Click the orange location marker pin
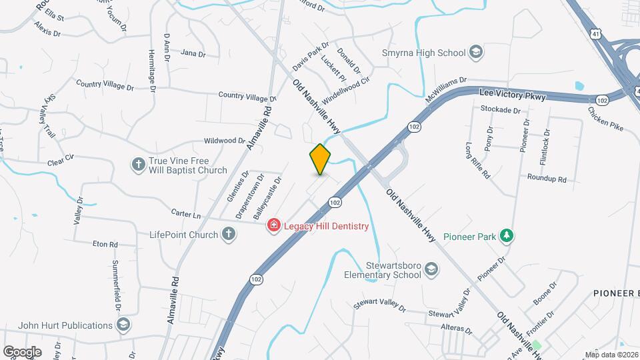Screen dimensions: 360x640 [x=320, y=159]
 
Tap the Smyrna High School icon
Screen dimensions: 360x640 [x=476, y=52]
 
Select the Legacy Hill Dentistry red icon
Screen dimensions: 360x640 [x=273, y=226]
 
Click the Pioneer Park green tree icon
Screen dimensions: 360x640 [x=507, y=235]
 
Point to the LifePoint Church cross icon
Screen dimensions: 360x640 [x=228, y=234]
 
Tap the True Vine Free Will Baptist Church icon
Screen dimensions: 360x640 [x=139, y=165]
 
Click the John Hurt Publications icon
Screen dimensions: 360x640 [x=123, y=325]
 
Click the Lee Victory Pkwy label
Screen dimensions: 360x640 [x=513, y=96]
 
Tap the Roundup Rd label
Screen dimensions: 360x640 [x=547, y=179]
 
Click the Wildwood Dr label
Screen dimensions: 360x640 [x=225, y=141]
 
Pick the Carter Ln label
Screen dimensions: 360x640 [x=187, y=215]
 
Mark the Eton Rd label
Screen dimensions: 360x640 [x=105, y=244]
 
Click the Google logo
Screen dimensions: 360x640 [x=22, y=351]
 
